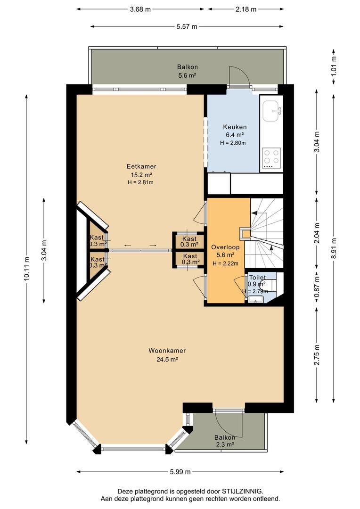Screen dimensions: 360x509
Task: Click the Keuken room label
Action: click(x=235, y=127)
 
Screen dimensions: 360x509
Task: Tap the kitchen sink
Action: click(x=271, y=111)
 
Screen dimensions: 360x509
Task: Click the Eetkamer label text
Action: click(x=141, y=166)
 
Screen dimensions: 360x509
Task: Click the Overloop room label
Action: click(x=225, y=247)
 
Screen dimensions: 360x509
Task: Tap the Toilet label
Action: click(x=257, y=278)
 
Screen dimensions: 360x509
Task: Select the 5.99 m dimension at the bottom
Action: click(x=180, y=472)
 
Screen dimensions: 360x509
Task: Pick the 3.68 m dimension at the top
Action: click(x=140, y=9)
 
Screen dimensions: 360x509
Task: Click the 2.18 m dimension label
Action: click(x=246, y=9)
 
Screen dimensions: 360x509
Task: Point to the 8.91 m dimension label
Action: click(x=334, y=248)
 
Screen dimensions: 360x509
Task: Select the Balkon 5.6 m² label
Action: click(x=188, y=71)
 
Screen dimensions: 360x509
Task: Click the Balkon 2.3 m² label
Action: click(x=225, y=441)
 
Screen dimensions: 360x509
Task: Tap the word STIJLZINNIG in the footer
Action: click(x=242, y=491)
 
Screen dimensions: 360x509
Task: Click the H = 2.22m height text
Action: click(x=225, y=263)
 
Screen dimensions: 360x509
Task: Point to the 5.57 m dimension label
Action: click(x=187, y=26)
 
